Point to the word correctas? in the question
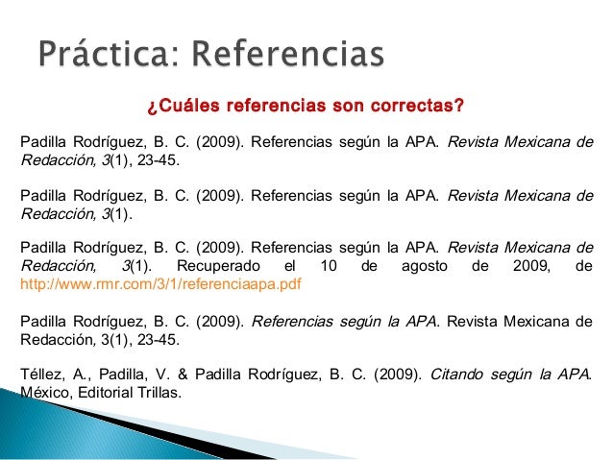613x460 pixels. tap(421, 103)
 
